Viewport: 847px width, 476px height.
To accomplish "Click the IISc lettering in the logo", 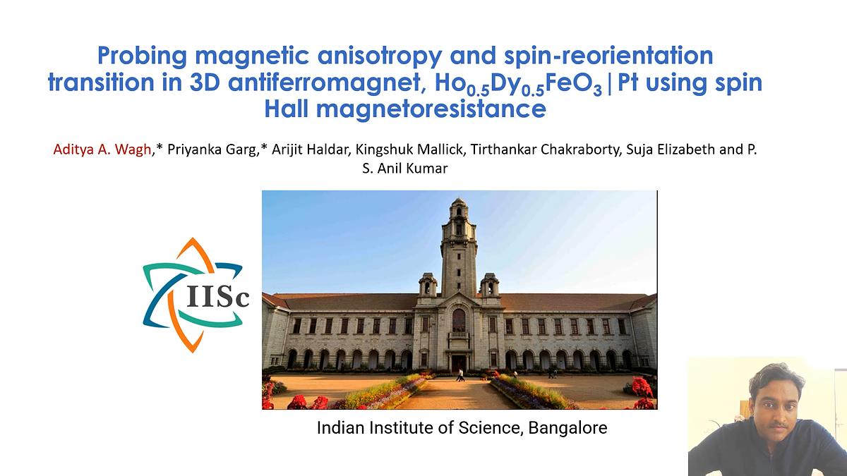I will (x=218, y=298).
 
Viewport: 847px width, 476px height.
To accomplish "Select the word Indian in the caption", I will (x=340, y=427).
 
